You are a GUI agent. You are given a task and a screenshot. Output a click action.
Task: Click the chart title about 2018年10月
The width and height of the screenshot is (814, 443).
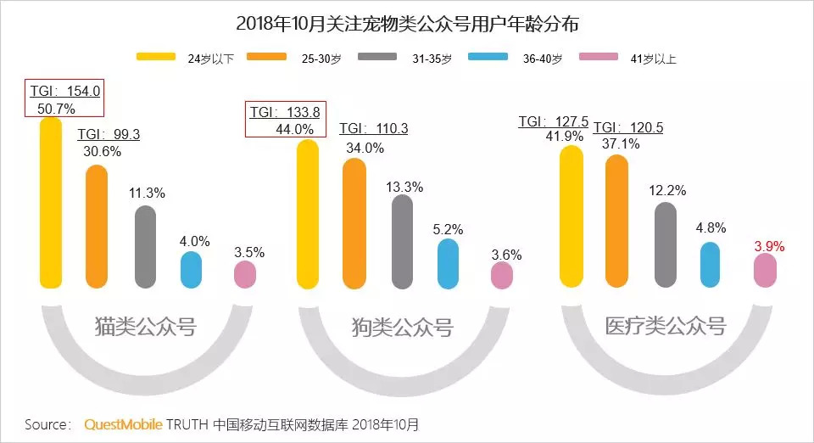[407, 23]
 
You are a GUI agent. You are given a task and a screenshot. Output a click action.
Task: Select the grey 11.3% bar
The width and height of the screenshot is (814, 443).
[146, 246]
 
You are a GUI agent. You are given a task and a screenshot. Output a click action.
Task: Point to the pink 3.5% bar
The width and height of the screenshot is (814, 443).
[245, 274]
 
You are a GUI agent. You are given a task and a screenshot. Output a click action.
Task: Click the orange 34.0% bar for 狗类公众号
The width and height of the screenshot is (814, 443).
[354, 223]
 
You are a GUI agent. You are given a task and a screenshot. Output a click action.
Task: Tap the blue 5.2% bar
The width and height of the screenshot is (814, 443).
[448, 263]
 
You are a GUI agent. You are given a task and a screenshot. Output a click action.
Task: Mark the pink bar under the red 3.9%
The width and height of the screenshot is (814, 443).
[765, 270]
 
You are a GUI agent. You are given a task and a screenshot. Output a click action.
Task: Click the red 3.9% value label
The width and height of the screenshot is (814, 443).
[770, 246]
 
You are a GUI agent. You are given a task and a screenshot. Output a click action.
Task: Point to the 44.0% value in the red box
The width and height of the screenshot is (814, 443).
[295, 129]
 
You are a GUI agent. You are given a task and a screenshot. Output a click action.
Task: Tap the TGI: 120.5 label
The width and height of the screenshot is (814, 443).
[628, 127]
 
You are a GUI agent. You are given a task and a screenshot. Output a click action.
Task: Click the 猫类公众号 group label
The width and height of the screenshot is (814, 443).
[145, 327]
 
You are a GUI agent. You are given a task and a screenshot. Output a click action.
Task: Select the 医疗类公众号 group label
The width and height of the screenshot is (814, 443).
[666, 326]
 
